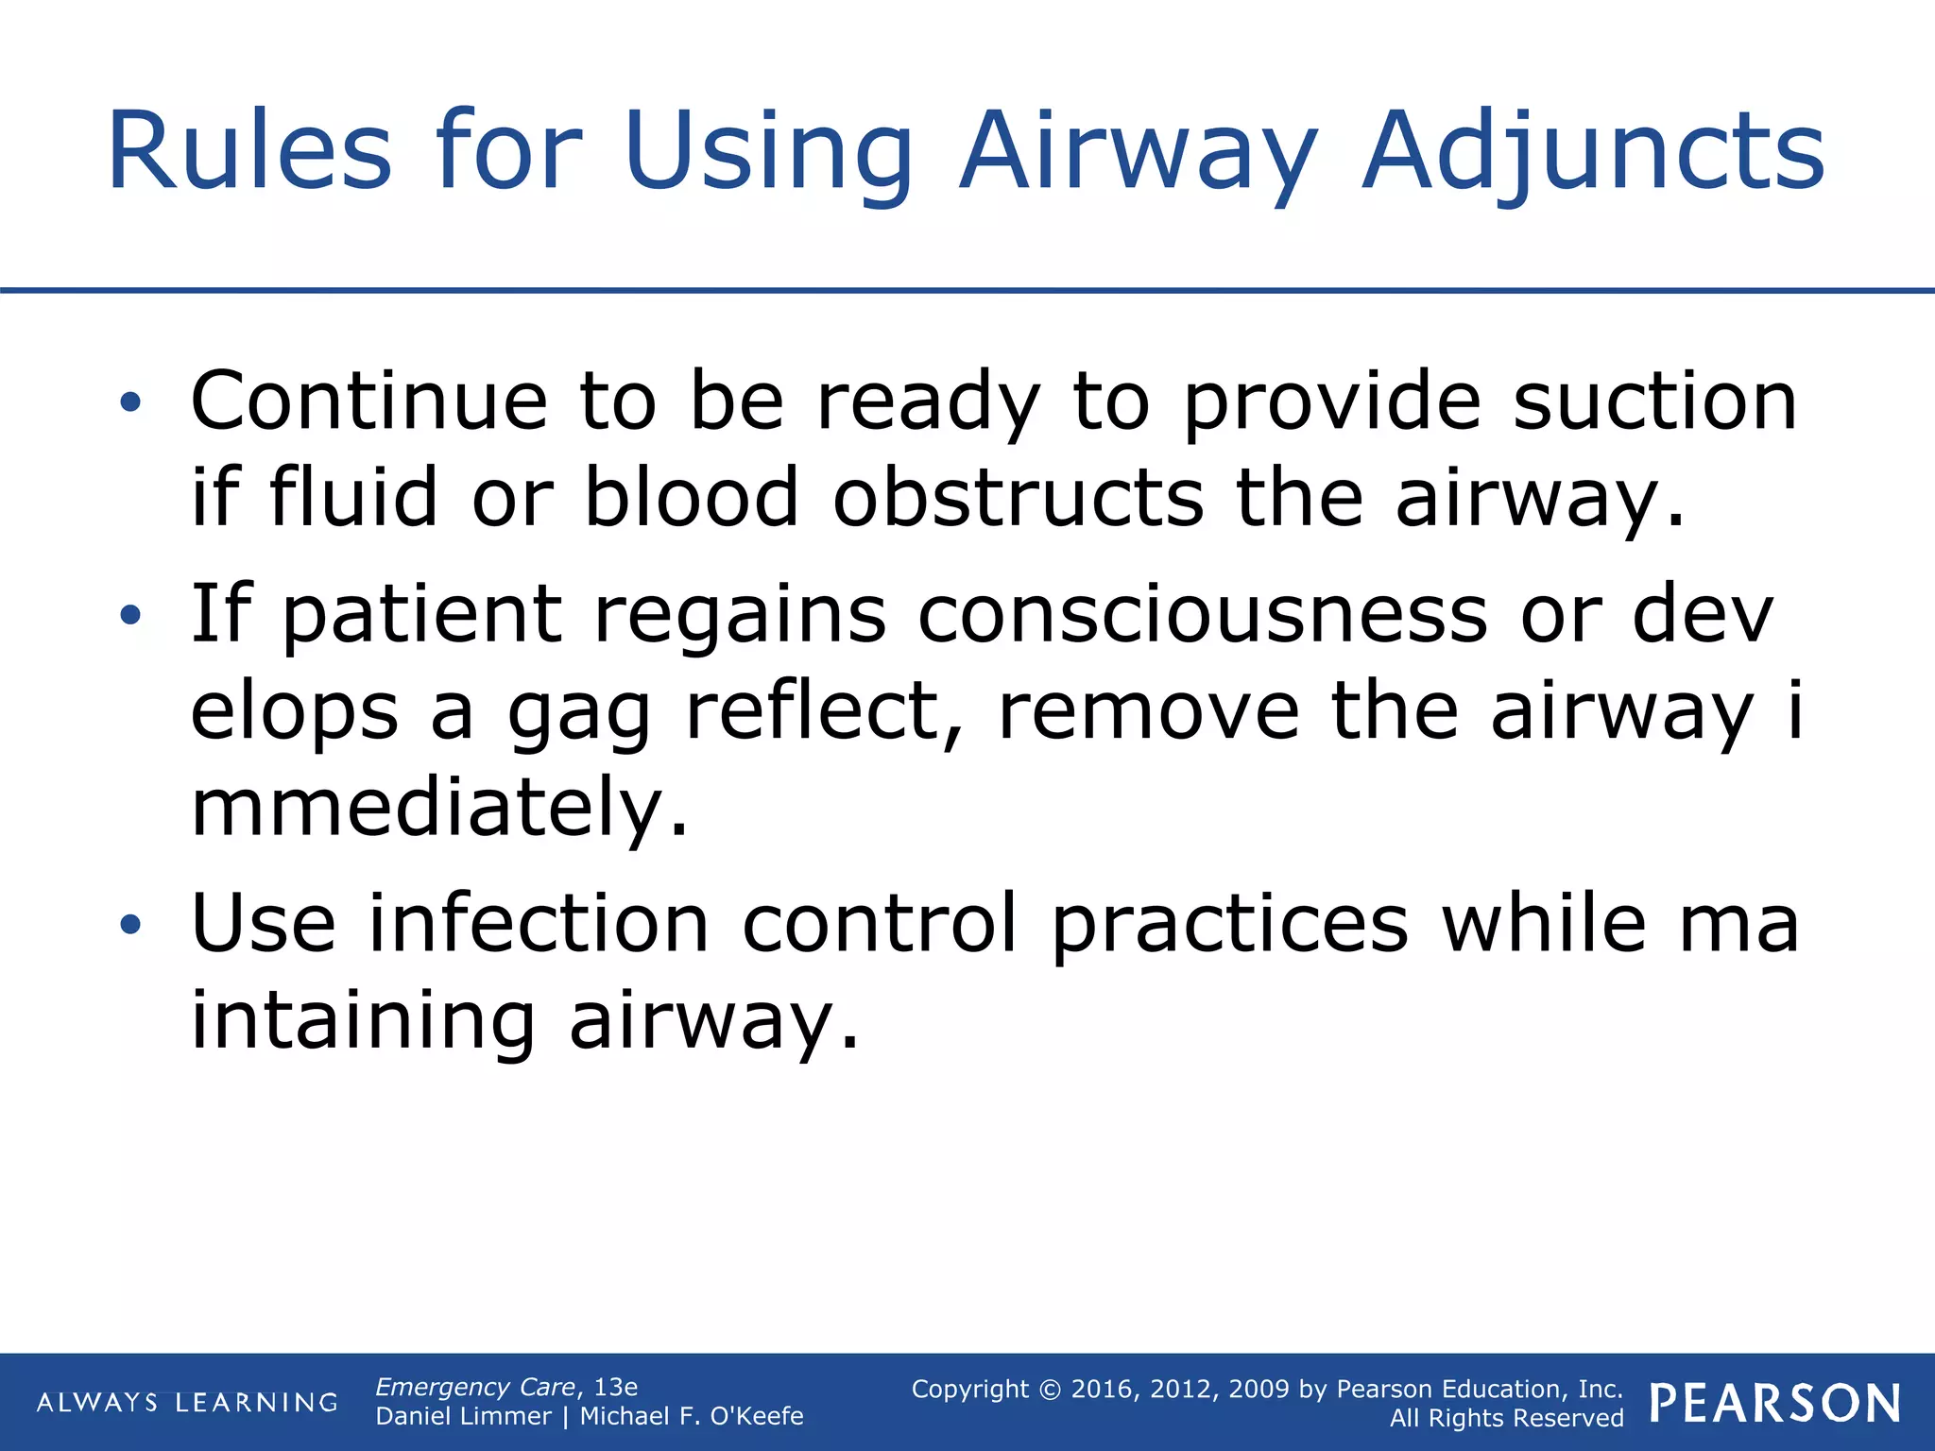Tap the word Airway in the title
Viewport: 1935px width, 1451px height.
point(1138,151)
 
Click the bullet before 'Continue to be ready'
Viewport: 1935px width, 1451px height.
point(130,403)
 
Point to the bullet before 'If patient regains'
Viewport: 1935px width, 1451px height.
point(130,617)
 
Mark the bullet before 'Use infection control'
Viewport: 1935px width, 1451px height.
point(130,925)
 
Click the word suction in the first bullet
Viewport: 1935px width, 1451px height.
point(1655,401)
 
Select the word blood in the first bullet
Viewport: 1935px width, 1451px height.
point(692,498)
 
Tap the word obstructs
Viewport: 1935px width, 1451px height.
point(1018,498)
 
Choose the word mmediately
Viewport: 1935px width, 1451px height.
point(439,808)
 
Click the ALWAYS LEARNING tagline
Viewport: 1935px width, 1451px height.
point(187,1403)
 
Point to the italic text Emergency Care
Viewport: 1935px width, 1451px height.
point(475,1387)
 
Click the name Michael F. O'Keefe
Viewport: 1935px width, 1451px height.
point(692,1416)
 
